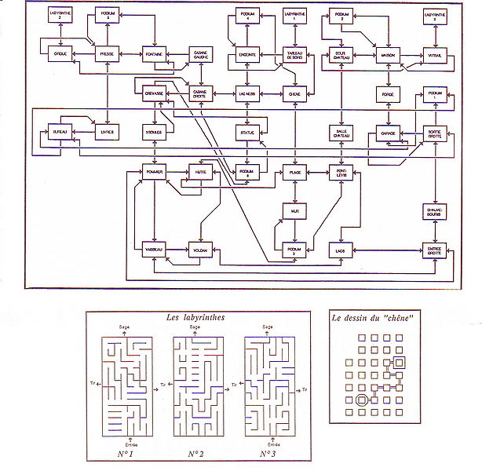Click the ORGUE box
pos(60,53)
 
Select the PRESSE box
pos(106,53)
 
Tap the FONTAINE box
pos(154,53)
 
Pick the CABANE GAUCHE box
pos(202,53)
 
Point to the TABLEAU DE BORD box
pos(295,53)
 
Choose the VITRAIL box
pos(435,53)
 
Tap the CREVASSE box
pos(154,93)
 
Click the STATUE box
pos(248,133)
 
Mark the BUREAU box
pos(60,133)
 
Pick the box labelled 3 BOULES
pos(154,133)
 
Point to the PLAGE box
pos(295,172)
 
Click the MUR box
pos(295,211)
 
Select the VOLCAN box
pos(202,250)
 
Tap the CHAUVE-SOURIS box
pos(435,211)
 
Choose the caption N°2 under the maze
pos(196,454)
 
